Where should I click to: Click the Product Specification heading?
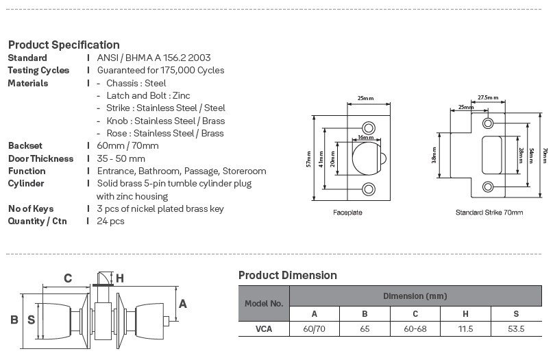tap(64, 45)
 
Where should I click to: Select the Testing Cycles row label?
tap(38, 71)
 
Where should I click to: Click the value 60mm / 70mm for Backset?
tap(128, 146)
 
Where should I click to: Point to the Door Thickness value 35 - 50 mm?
tap(121, 158)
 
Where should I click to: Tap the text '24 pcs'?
tap(111, 221)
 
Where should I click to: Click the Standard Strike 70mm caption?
tap(489, 213)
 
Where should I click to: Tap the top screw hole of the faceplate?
tap(369, 128)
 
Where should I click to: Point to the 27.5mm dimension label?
tap(488, 98)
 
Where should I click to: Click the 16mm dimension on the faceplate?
tap(365, 138)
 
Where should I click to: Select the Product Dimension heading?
tap(288, 275)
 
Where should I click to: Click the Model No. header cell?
tap(264, 302)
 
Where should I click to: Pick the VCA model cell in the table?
tap(264, 329)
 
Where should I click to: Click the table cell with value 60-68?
tap(415, 329)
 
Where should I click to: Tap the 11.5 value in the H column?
tap(466, 329)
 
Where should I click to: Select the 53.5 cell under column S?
tap(516, 329)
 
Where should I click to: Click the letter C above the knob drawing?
tap(68, 278)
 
